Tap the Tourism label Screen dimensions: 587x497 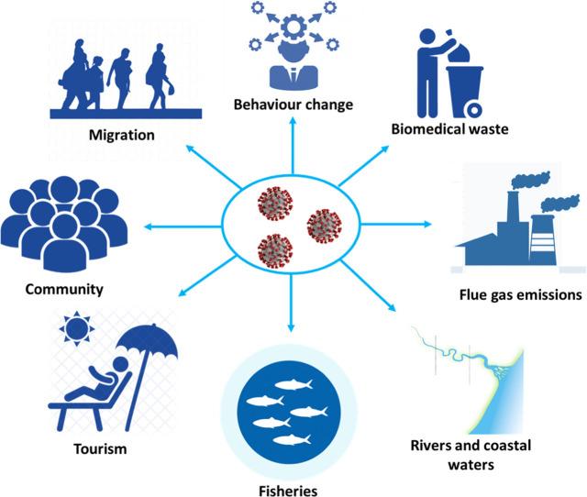[101, 450]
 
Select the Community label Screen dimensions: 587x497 [63, 290]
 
